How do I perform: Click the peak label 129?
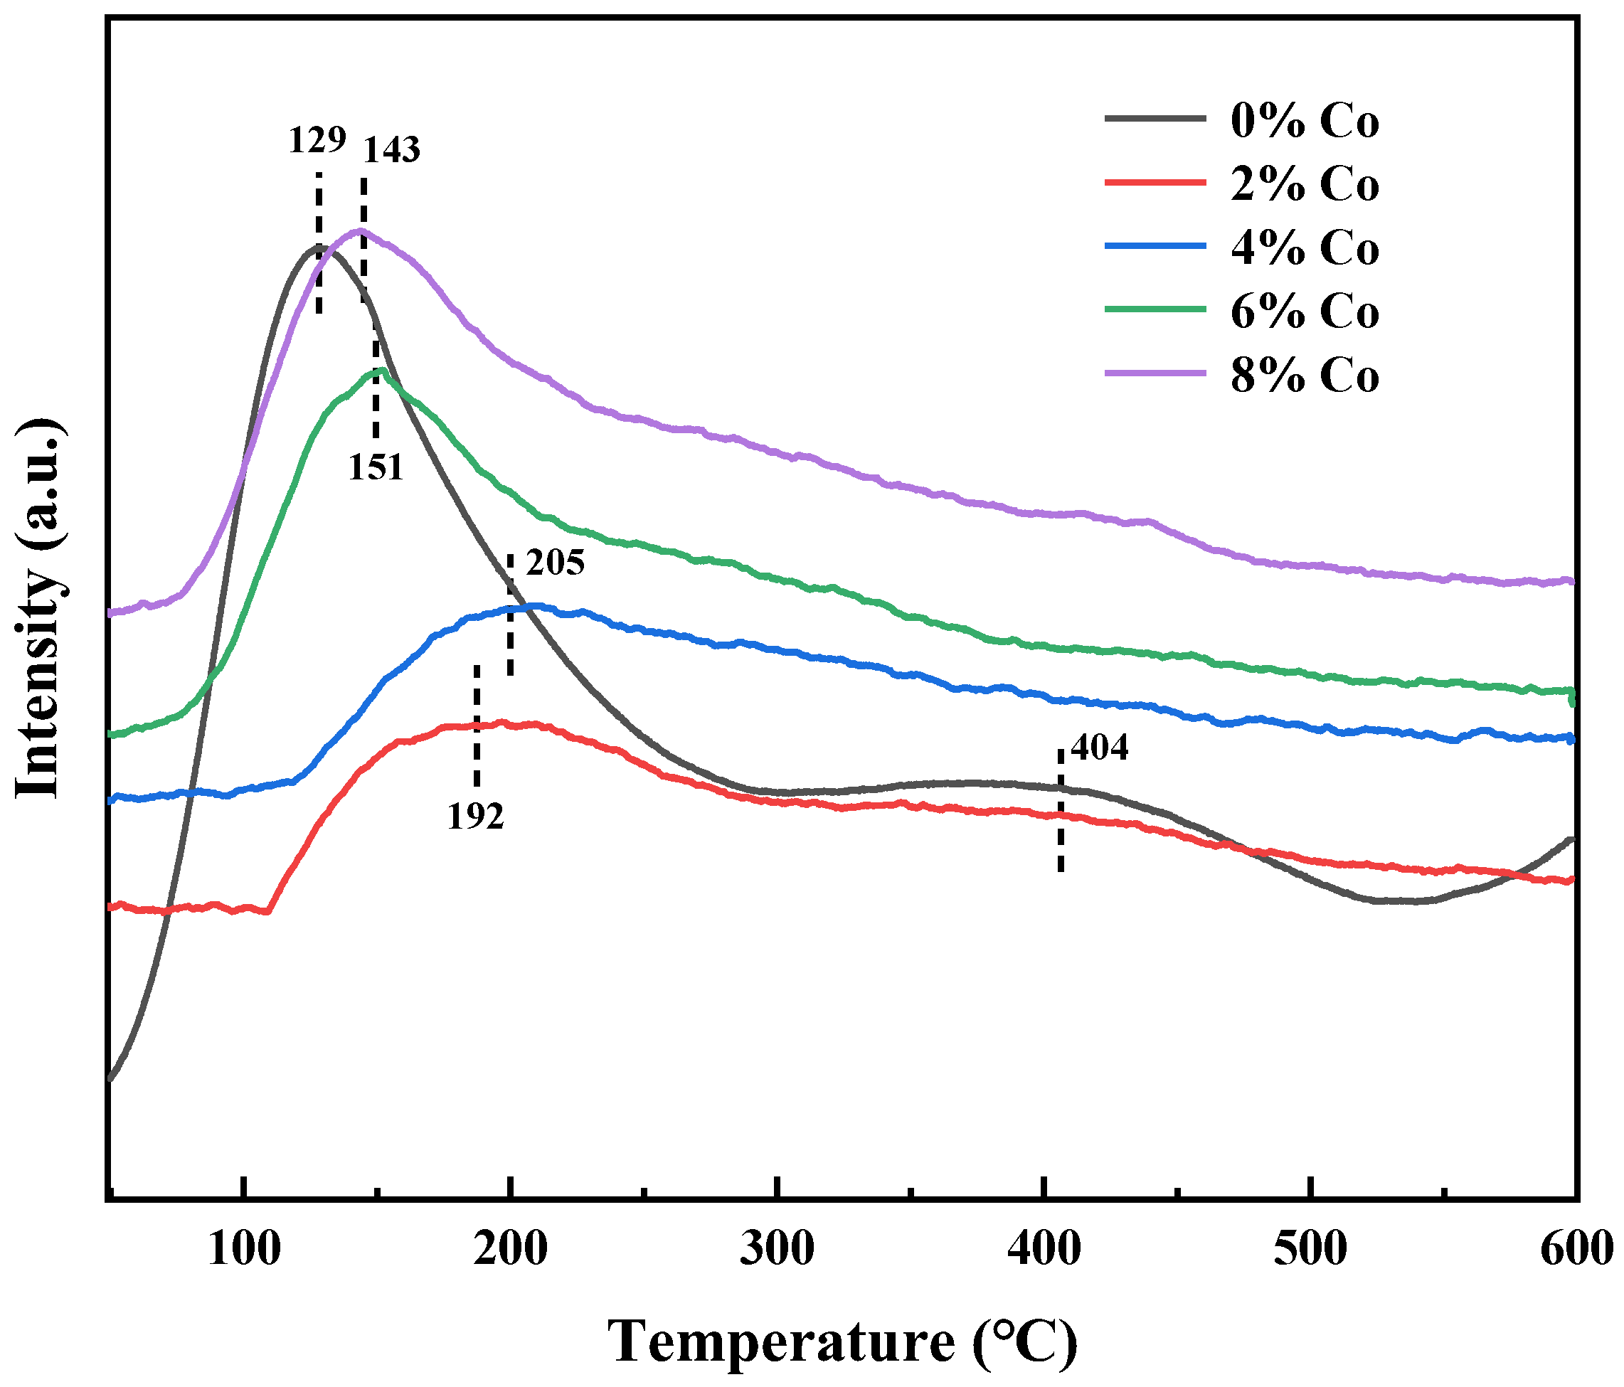coord(317,141)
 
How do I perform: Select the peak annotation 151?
coord(376,468)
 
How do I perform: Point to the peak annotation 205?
coord(555,563)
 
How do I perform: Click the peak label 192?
coord(475,817)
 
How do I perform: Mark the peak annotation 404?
coord(1099,748)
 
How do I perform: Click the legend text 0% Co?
coord(1303,122)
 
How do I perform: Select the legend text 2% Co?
coord(1303,185)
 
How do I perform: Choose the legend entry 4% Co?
coord(1303,248)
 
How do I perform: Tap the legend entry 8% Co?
coord(1303,376)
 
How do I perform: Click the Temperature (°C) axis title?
coord(842,1342)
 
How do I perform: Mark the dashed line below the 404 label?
coord(1061,811)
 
